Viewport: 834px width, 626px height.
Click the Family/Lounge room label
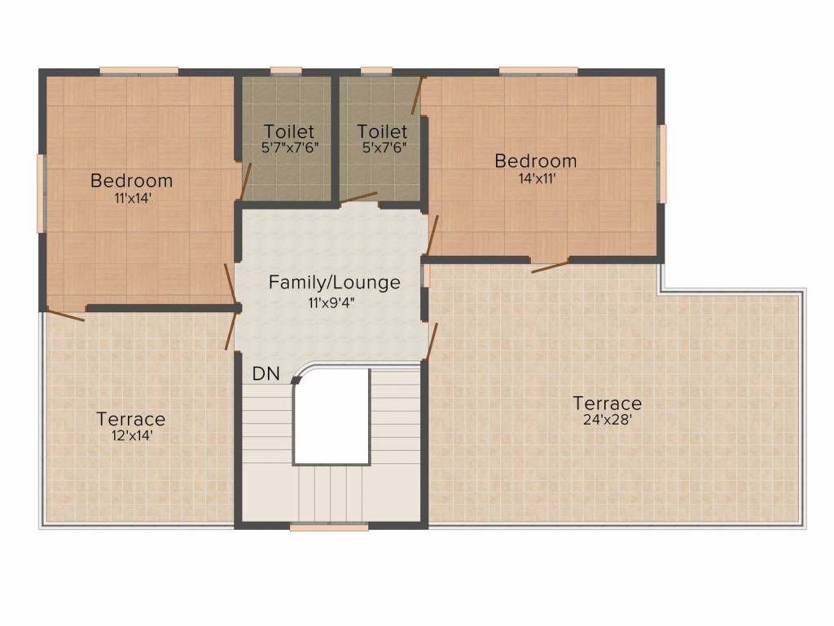334,282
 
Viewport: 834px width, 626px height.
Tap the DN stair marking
266,373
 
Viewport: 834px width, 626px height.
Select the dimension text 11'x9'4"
331,303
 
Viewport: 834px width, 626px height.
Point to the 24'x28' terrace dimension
607,420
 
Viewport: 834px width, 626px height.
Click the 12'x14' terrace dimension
132,435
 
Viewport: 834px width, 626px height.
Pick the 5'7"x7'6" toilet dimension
290,148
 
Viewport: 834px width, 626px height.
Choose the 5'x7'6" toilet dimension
384,148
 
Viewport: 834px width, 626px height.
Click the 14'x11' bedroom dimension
538,179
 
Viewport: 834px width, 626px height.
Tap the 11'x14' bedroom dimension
133,198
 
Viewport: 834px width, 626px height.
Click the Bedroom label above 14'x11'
536,161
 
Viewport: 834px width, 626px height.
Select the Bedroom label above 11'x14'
131,180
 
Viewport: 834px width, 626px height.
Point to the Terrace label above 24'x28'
607,403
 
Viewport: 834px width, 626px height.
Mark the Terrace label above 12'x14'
131,420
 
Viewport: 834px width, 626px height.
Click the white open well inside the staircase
331,416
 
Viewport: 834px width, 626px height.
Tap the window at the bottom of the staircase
329,527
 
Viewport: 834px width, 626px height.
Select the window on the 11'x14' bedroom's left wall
41,194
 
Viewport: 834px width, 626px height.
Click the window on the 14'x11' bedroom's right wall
662,163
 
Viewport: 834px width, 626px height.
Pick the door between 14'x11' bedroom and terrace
550,267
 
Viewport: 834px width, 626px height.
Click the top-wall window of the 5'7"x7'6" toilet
286,71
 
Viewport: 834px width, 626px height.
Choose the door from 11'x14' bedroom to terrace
65,314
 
